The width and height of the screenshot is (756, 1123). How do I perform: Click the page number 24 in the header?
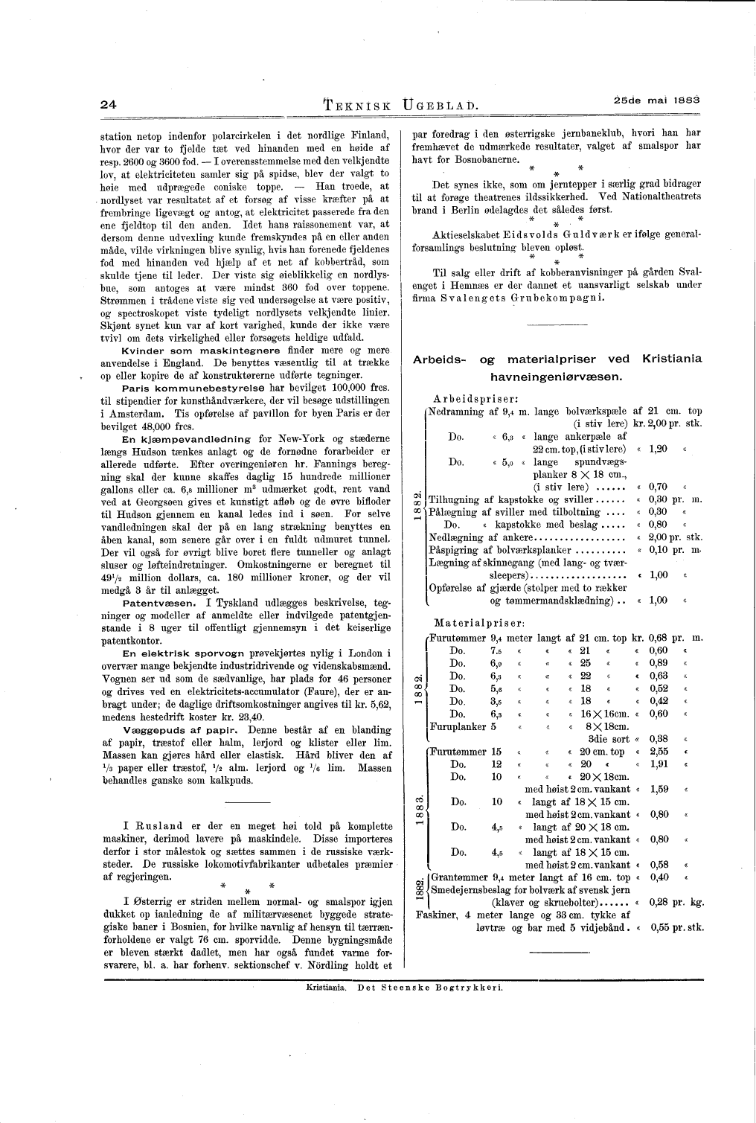[109, 105]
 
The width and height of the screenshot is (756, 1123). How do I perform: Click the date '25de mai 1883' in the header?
[658, 100]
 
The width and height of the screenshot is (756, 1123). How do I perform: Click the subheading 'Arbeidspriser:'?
[475, 398]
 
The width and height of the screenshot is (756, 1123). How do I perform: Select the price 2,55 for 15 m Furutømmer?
[659, 752]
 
